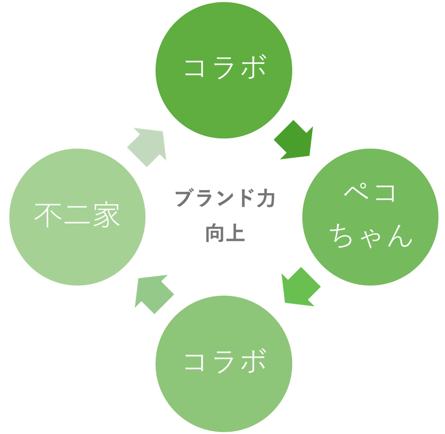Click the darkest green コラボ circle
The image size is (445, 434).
(224, 70)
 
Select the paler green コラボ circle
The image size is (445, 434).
(224, 364)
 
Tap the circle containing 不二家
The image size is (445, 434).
(77, 217)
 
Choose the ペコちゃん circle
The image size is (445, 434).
(370, 217)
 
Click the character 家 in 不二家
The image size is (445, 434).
(106, 214)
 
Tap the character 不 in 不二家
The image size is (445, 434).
(48, 215)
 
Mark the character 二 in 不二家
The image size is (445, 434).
(77, 215)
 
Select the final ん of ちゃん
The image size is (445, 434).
(400, 236)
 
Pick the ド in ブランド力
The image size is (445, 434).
(247, 198)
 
